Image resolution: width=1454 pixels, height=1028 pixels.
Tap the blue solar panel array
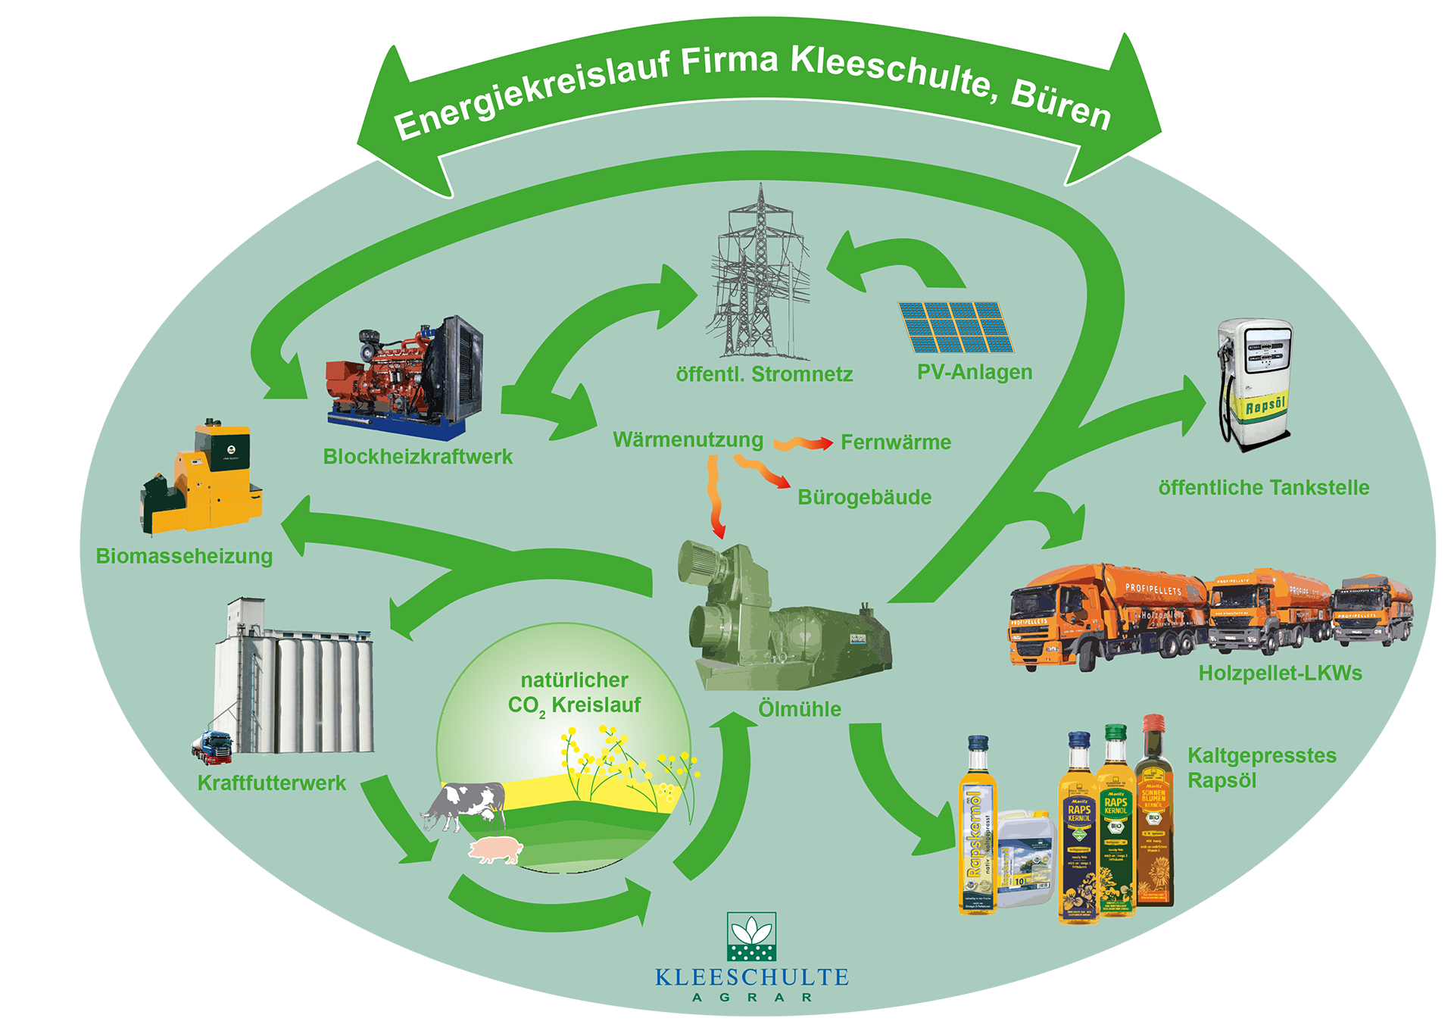click(x=956, y=327)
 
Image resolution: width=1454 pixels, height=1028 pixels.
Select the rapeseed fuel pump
click(x=1256, y=383)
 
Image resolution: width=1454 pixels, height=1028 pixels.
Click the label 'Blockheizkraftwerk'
click(x=417, y=457)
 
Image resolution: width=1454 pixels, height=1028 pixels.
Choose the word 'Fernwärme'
click(x=896, y=442)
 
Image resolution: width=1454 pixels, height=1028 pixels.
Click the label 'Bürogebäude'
click(x=864, y=498)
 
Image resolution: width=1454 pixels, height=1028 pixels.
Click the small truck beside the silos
click(x=211, y=746)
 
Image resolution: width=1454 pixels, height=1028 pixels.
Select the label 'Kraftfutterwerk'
click(x=271, y=783)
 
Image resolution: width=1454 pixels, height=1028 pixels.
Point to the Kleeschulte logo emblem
click(x=751, y=937)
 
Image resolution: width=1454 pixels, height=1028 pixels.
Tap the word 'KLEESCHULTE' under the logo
click(x=751, y=977)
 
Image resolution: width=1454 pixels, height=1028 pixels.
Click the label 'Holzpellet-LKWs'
click(x=1280, y=673)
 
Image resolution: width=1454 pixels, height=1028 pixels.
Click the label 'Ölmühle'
click(x=800, y=710)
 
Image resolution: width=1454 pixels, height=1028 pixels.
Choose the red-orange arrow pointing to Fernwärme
click(x=803, y=443)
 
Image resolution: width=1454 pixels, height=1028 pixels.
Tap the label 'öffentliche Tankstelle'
click(x=1263, y=488)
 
